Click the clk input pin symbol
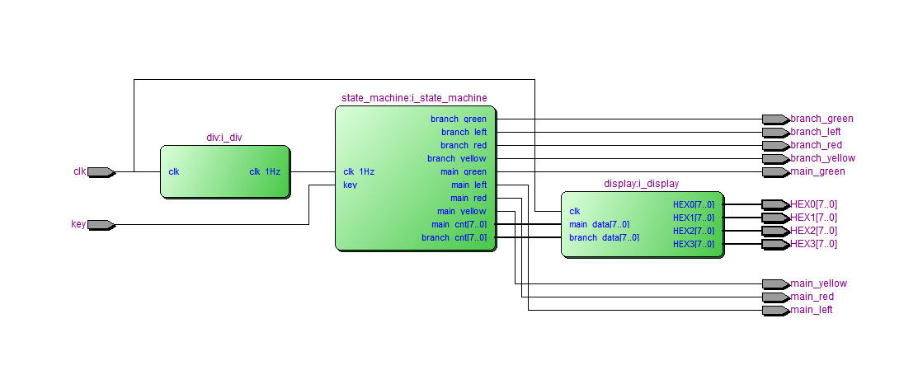coord(101,172)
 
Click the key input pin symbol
coord(101,225)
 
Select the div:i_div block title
coord(224,138)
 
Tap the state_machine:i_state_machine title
coord(414,98)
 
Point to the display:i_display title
coord(642,184)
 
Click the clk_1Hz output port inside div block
coord(265,172)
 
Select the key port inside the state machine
coord(351,185)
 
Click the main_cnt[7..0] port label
coord(459,225)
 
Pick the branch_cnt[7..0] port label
coord(454,238)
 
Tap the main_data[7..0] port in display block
coord(600,224)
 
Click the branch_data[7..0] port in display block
coord(604,237)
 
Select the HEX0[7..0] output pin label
coord(813,204)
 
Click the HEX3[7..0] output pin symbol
coord(775,244)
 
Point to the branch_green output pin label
coord(821,119)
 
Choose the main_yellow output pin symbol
coord(775,284)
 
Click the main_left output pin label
coord(811,310)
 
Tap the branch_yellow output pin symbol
coord(775,159)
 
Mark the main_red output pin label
coord(812,297)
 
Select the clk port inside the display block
coord(575,211)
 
